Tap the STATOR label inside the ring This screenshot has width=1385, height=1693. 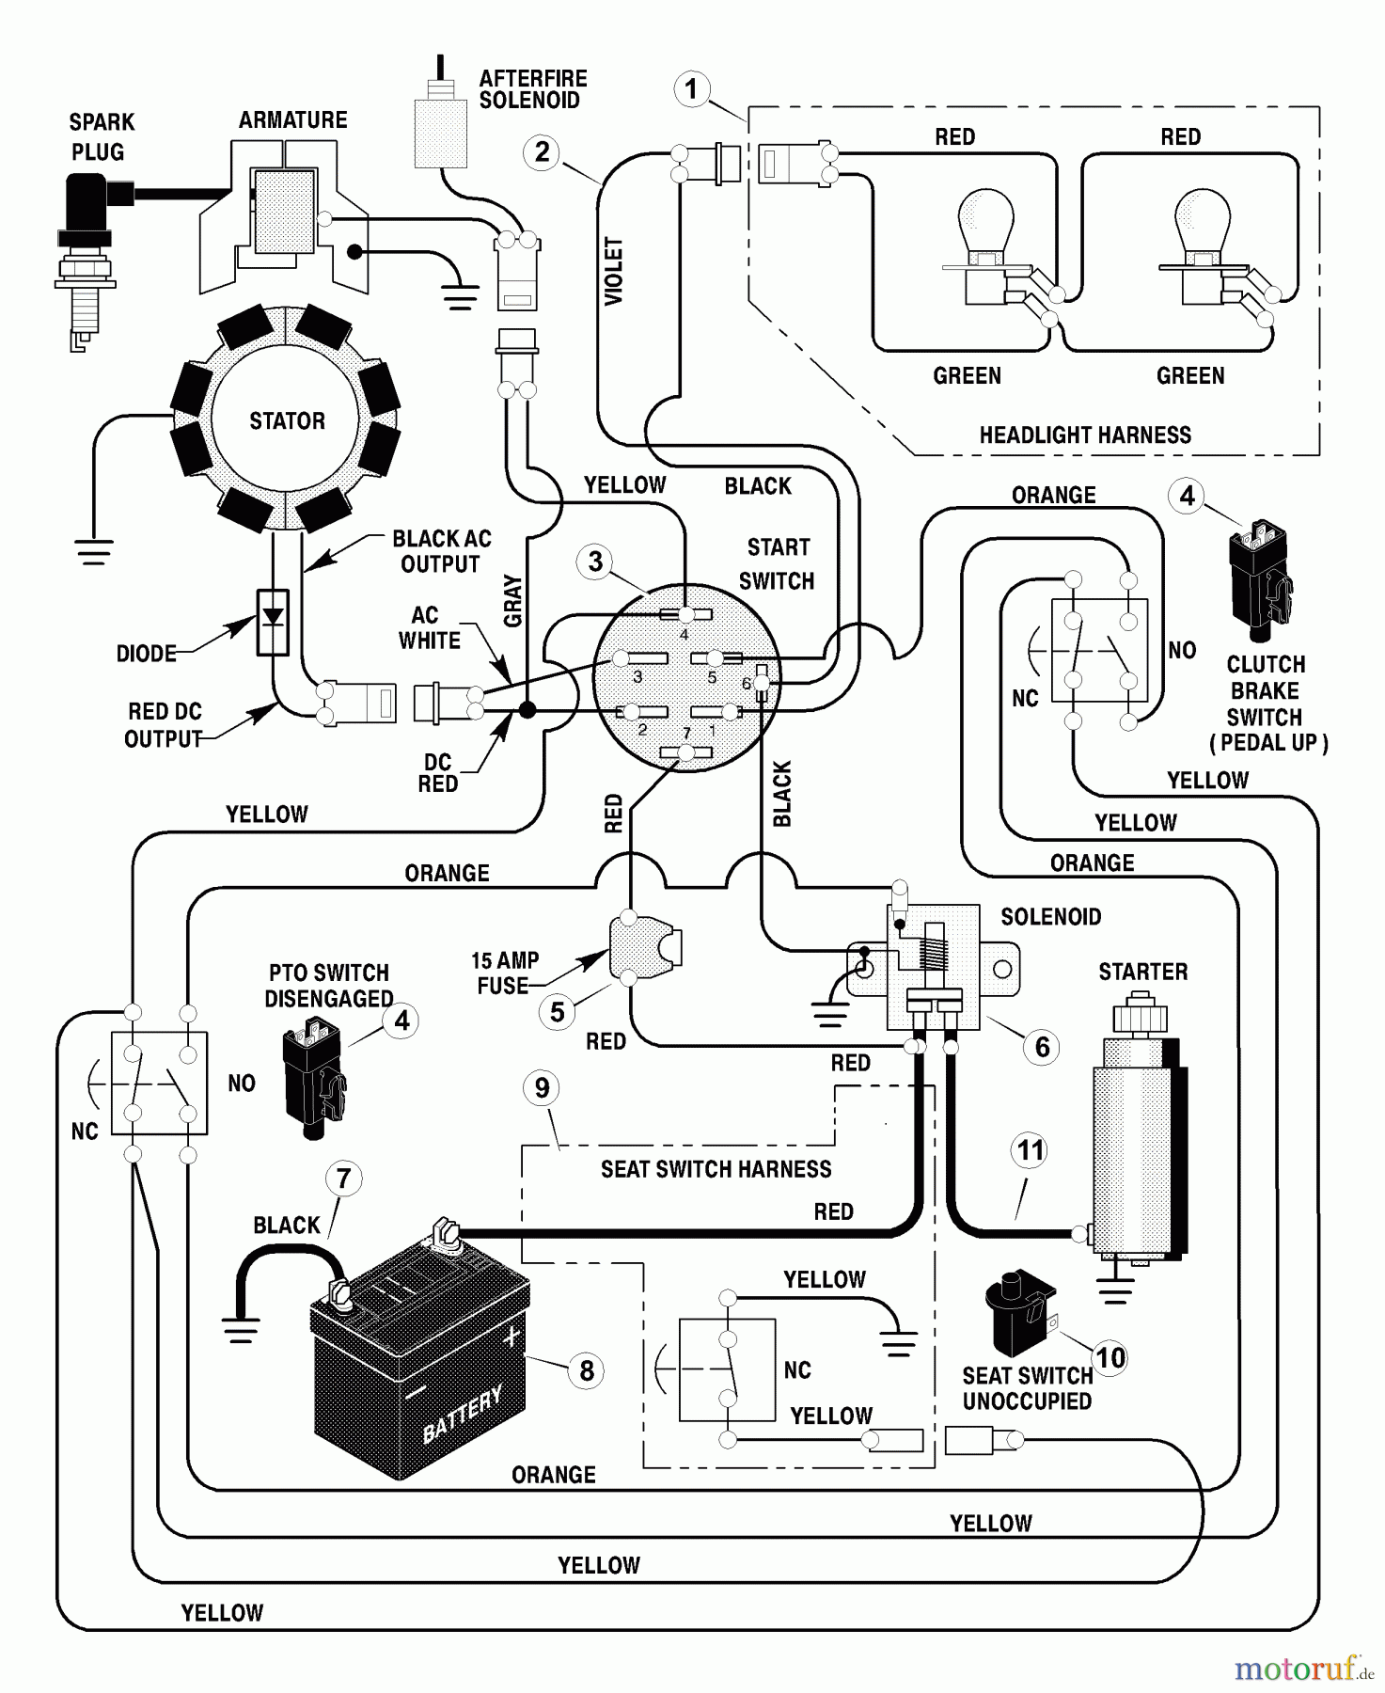pos(287,420)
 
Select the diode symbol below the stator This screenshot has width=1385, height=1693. pos(273,621)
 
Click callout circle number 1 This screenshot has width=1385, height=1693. pos(692,89)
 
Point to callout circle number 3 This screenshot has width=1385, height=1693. pos(595,562)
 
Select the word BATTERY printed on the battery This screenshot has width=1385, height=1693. pos(463,1413)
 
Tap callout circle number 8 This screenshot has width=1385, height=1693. pos(587,1370)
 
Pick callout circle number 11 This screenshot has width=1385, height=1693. pos(1031,1150)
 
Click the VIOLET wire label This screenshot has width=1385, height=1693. pos(614,271)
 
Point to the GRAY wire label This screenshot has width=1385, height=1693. pos(512,601)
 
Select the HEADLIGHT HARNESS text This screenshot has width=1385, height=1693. pos(1085,435)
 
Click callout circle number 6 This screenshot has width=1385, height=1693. pos(1042,1047)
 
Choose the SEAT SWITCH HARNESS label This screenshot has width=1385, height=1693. pos(716,1169)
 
